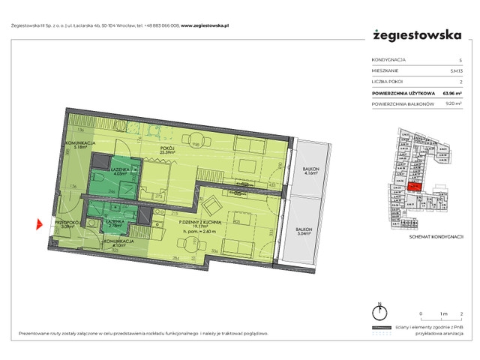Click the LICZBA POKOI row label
coord(385,82)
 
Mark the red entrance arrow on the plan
coord(40,223)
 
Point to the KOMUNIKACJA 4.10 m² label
coord(118,244)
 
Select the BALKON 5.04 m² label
coord(303,232)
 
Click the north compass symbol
coord(380,310)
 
